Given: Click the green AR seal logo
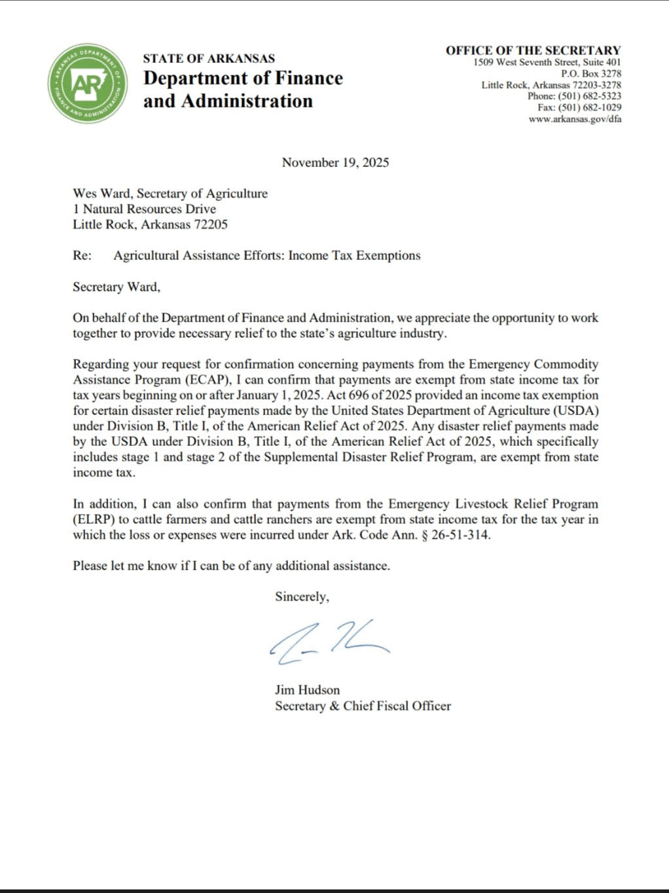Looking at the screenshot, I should point(88,83).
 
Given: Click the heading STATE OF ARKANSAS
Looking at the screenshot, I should point(209,58).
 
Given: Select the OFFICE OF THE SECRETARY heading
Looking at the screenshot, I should point(533,50).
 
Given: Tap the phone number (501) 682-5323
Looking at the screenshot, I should point(589,96).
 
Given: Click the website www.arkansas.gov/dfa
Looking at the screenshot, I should point(575,119).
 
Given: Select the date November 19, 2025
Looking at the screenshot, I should point(335,162).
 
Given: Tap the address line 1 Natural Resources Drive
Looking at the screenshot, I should point(144,209).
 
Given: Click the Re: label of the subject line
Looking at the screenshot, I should point(82,256).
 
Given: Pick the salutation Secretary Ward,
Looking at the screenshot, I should point(117,287).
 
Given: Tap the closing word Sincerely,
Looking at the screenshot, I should point(302,596).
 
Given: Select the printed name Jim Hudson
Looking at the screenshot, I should point(307,690).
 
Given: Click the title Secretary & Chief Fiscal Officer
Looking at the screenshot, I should point(363,706).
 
